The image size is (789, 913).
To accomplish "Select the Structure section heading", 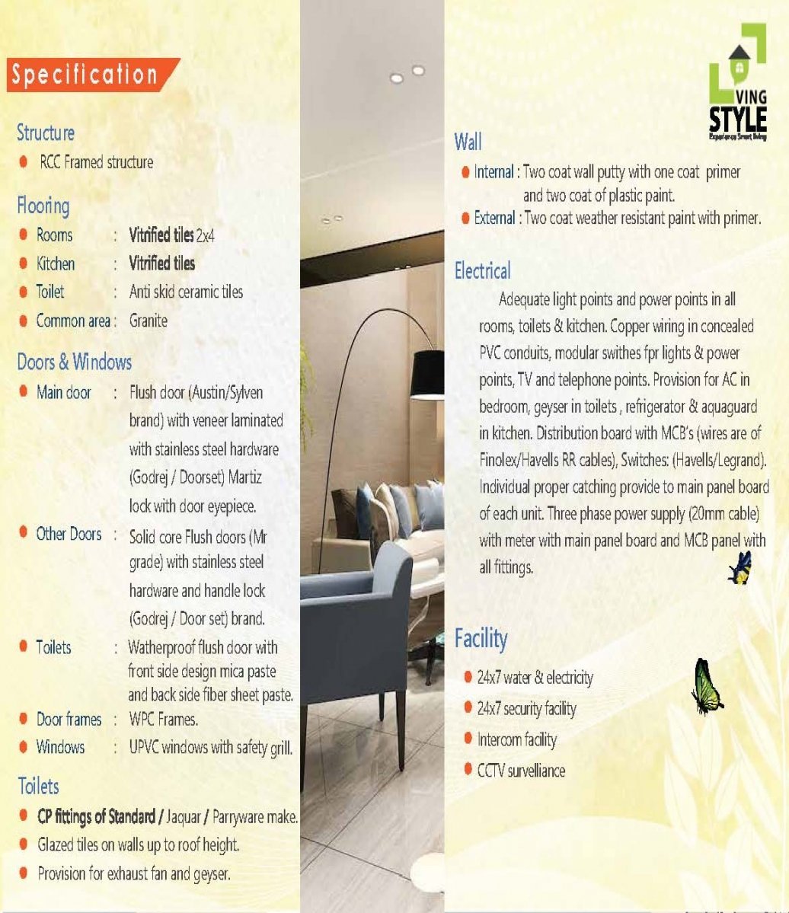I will click(46, 132).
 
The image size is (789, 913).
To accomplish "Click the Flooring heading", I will click(43, 206).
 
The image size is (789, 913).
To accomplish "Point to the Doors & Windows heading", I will click(74, 362).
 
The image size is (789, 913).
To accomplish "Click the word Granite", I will click(149, 321).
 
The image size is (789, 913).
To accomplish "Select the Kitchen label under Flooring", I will click(56, 263).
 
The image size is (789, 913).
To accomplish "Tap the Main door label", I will click(64, 393).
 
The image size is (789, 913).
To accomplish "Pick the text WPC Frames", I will click(164, 719).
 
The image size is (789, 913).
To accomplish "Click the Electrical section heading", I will click(482, 270).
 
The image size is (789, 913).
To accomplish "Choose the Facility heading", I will click(481, 638).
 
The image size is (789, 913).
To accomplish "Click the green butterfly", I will click(705, 688).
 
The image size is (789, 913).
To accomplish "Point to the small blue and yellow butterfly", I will click(739, 568).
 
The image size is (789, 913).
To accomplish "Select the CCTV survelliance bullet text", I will click(521, 770).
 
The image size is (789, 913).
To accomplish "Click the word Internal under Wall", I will click(494, 172).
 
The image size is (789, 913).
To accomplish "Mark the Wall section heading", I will click(468, 142).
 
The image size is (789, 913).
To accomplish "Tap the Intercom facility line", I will click(516, 739).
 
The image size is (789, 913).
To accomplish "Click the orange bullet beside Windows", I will click(24, 747).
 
